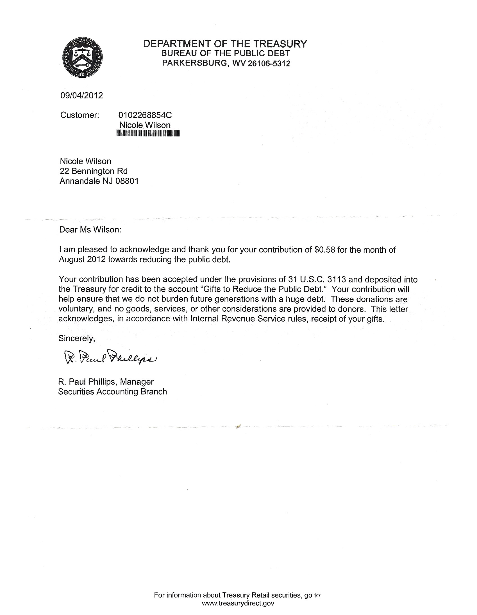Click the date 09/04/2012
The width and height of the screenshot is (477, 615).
[81, 95]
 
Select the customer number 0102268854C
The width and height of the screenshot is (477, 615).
[145, 115]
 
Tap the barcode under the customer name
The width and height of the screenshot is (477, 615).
[148, 133]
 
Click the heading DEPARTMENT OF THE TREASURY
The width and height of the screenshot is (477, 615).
[225, 44]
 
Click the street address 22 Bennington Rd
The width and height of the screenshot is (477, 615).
[94, 171]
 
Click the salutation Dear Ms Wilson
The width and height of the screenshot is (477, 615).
[90, 230]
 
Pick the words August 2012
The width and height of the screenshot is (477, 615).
[82, 259]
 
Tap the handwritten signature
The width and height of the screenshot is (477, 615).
[110, 357]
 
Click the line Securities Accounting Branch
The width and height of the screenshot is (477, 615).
[112, 392]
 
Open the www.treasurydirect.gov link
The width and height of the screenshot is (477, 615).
[238, 603]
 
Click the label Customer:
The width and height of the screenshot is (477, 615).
[79, 115]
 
